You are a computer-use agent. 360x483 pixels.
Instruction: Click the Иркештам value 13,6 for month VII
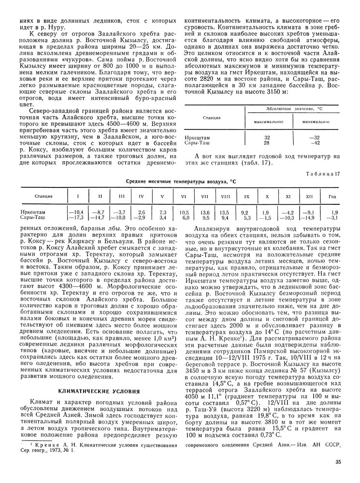pyautogui.click(x=205, y=212)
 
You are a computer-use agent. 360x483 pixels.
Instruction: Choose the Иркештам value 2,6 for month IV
pyautogui.click(x=141, y=212)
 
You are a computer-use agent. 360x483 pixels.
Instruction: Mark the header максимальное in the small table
pyautogui.click(x=268, y=121)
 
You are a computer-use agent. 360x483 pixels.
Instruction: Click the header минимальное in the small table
pyautogui.click(x=316, y=121)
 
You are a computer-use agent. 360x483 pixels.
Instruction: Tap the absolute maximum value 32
pyautogui.click(x=267, y=138)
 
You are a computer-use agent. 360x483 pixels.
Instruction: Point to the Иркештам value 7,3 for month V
pyautogui.click(x=163, y=212)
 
